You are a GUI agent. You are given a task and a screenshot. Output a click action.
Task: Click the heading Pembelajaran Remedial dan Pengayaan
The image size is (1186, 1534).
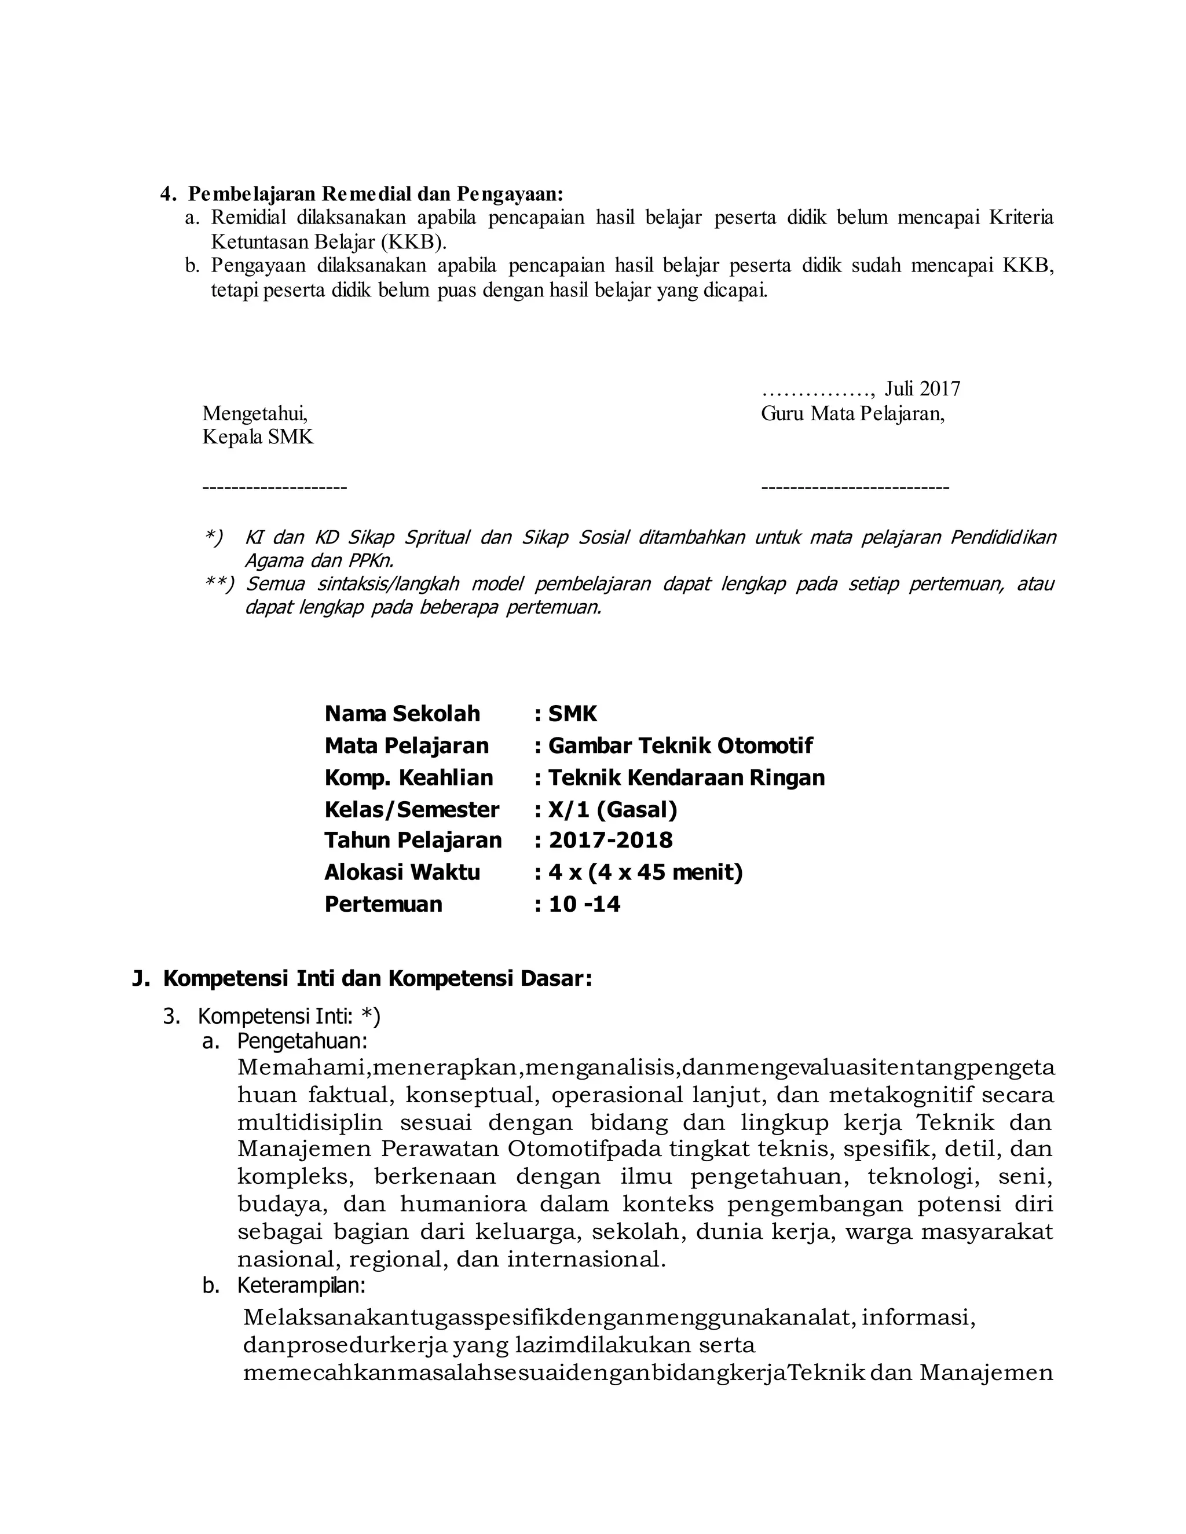[x=375, y=193]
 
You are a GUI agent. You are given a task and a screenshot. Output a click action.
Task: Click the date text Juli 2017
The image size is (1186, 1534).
[x=922, y=388]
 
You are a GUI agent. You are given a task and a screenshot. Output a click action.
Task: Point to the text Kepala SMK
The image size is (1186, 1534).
[x=258, y=437]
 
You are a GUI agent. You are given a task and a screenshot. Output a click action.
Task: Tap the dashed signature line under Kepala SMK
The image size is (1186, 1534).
[x=274, y=487]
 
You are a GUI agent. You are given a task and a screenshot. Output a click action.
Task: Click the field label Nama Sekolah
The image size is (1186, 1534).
[x=402, y=714]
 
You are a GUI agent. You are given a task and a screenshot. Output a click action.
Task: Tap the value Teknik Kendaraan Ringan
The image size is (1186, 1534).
[x=686, y=777]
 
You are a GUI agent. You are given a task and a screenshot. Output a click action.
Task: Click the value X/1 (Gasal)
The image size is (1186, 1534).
[x=612, y=810]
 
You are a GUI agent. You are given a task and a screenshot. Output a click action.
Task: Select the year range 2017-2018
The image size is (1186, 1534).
[x=610, y=840]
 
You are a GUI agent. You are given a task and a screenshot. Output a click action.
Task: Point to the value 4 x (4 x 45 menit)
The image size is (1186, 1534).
[x=645, y=872]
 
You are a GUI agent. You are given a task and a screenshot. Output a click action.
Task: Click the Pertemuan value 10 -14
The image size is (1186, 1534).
[x=584, y=904]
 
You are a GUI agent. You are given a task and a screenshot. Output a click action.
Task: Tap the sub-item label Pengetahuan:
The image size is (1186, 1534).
[x=302, y=1040]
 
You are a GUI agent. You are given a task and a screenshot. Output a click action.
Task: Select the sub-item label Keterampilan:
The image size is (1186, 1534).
[x=301, y=1285]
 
